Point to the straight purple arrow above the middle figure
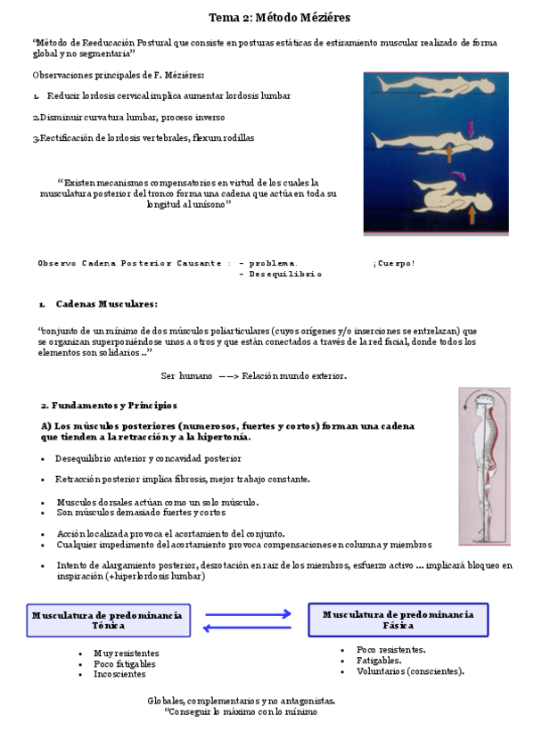[x=471, y=128]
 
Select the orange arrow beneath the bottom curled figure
[x=472, y=213]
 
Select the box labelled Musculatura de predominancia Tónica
[x=108, y=620]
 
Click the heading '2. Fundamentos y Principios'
[x=109, y=404]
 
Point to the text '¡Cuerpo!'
[x=394, y=263]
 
